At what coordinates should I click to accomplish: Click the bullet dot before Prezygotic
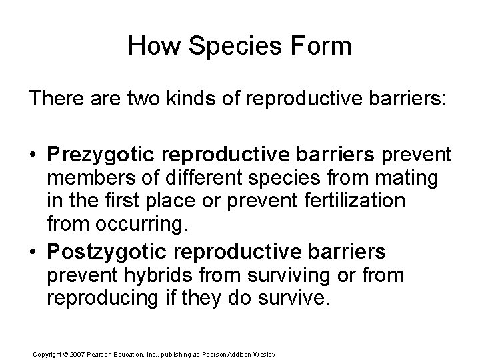[x=33, y=155]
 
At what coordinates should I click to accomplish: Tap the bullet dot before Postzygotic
[x=33, y=251]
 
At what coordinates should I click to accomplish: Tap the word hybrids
[x=151, y=275]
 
